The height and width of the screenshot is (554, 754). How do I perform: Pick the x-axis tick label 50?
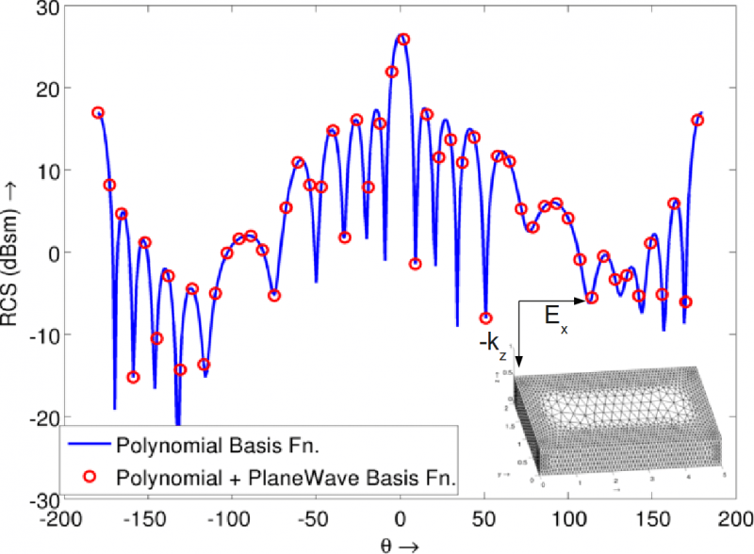[485, 520]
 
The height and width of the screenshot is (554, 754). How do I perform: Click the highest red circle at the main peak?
[403, 40]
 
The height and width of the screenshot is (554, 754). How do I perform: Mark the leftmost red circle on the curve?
[98, 112]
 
